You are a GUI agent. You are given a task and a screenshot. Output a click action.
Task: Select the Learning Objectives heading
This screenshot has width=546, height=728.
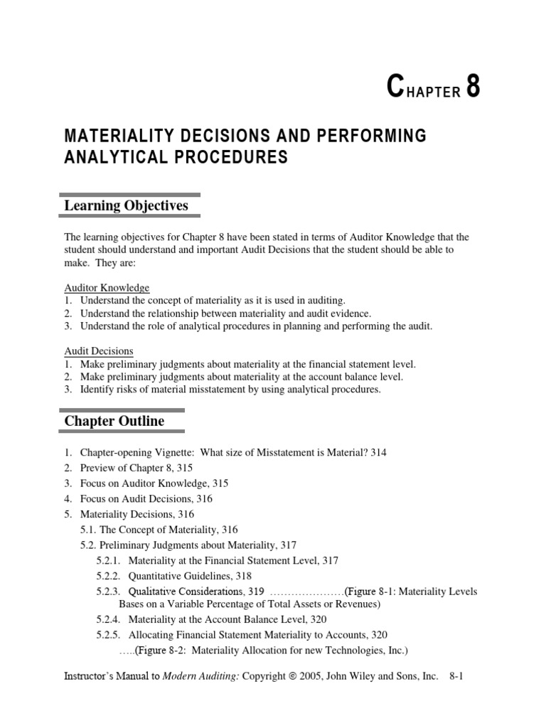[126, 205]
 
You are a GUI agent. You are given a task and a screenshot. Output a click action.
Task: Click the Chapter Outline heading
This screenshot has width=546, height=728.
[114, 421]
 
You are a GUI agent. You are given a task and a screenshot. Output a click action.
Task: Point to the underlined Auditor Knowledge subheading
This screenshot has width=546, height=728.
[107, 288]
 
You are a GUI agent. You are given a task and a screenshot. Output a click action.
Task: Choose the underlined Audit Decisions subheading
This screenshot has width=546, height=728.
[99, 351]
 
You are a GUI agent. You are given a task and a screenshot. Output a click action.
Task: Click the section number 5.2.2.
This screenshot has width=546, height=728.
[109, 576]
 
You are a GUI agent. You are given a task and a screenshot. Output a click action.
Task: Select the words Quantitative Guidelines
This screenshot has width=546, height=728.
[177, 576]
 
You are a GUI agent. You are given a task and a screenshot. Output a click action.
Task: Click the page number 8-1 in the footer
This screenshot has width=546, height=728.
[456, 678]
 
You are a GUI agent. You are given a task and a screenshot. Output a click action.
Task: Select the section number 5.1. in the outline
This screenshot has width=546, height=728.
[90, 530]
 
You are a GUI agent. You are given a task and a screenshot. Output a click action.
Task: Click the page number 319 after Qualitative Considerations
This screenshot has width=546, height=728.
[255, 591]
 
